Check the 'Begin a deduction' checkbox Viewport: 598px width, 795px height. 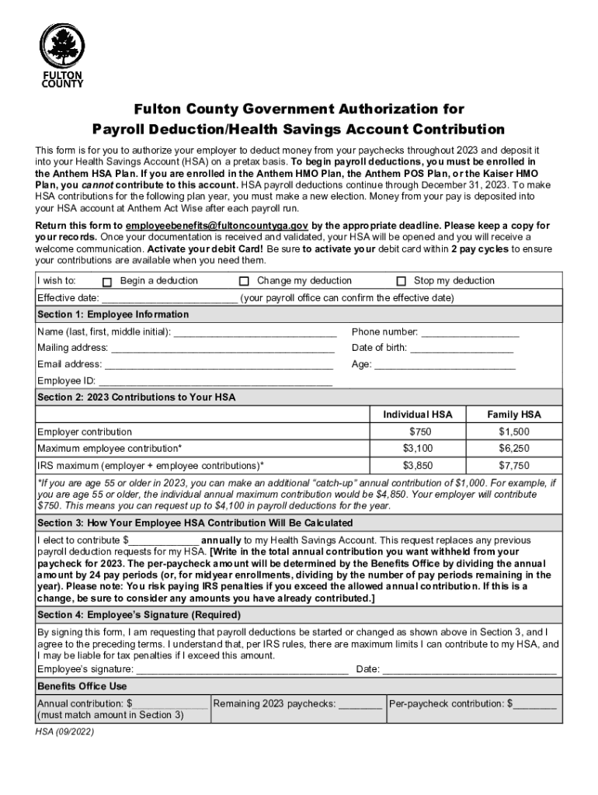(x=108, y=282)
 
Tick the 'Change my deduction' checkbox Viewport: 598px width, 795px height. (x=244, y=281)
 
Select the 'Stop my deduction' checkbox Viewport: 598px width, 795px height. (x=402, y=281)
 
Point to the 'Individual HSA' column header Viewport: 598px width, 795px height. (x=417, y=415)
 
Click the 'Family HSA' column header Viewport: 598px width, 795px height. (x=513, y=415)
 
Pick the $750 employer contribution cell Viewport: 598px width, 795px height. (x=417, y=432)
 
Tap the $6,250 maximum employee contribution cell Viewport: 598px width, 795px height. (x=513, y=449)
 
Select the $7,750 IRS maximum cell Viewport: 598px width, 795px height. (x=513, y=466)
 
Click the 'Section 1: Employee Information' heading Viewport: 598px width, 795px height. (x=113, y=315)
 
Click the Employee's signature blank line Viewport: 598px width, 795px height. (x=242, y=670)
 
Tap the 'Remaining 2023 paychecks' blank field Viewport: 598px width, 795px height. (x=360, y=705)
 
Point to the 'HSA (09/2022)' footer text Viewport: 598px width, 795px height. (x=65, y=731)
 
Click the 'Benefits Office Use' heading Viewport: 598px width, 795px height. (x=82, y=687)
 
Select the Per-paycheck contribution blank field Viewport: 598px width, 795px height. (x=535, y=705)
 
